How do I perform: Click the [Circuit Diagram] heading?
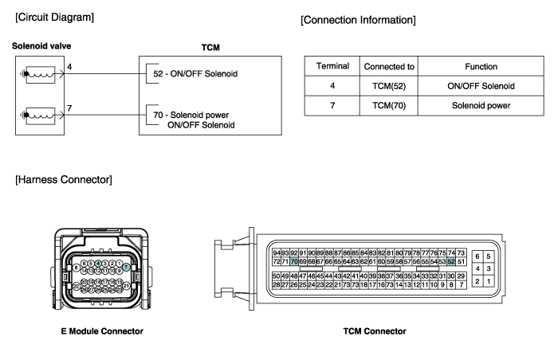click(54, 18)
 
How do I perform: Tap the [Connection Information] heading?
click(359, 18)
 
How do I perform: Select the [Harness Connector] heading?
click(64, 180)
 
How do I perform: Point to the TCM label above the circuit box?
click(210, 47)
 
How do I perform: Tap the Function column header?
click(481, 66)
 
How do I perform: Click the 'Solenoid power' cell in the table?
click(481, 105)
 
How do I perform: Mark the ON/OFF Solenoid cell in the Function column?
click(481, 86)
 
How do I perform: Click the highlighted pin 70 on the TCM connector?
click(294, 261)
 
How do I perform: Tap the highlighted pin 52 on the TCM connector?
click(451, 261)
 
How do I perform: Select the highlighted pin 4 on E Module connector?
click(98, 263)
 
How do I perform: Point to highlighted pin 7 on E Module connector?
click(126, 268)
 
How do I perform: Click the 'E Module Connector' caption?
click(101, 331)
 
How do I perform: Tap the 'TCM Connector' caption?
click(375, 331)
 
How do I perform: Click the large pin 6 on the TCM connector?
click(477, 256)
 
